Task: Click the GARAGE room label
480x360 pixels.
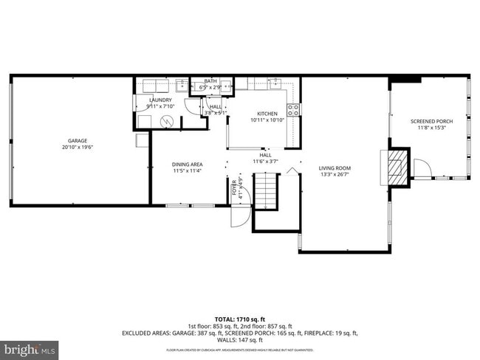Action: pos(78,140)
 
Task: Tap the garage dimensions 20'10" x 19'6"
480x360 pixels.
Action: pos(78,147)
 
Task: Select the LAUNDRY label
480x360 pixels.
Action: pos(161,100)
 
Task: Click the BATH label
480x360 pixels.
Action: pos(210,81)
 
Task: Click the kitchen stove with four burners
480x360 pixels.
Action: pos(293,111)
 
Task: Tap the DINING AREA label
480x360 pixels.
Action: pos(187,165)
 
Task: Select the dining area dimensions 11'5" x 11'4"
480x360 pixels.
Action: pos(187,170)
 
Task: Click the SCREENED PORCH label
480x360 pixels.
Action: pos(432,121)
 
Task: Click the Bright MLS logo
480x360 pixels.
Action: pos(30,347)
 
